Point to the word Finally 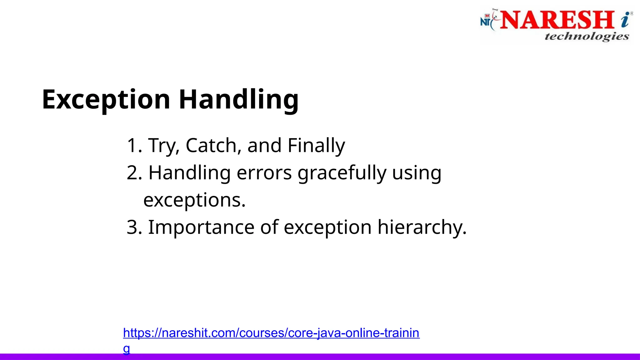click(x=316, y=146)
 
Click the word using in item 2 click(x=417, y=173)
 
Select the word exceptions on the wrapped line click(x=194, y=200)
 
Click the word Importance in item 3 click(x=201, y=227)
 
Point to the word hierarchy click(x=422, y=227)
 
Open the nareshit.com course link click(x=271, y=333)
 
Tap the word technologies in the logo click(x=587, y=36)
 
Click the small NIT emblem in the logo click(x=487, y=21)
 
